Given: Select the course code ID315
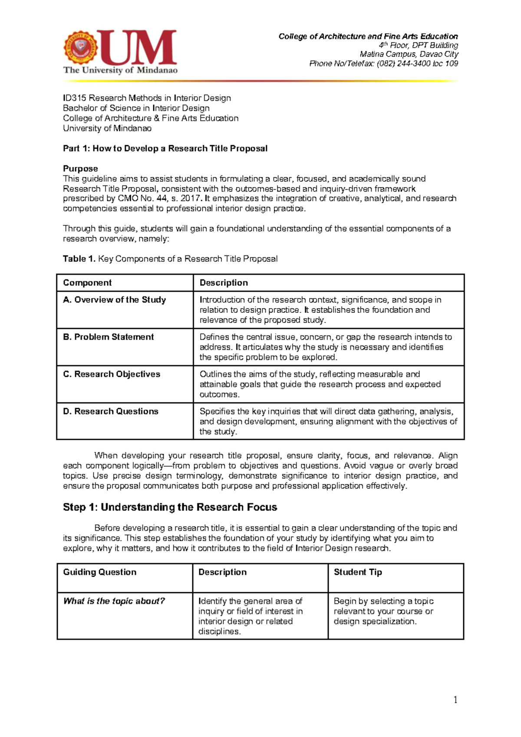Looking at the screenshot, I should coord(75,98).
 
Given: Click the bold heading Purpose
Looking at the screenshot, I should coord(80,169).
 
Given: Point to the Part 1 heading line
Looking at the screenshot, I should coord(165,149).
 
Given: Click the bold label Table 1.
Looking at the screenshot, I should coord(79,259).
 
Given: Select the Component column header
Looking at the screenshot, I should coord(87,283).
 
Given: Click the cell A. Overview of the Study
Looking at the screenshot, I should coord(115,300).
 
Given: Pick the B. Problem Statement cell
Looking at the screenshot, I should coord(109,337).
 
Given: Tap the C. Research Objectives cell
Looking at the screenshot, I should coord(112,374).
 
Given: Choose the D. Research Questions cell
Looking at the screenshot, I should coord(111,412).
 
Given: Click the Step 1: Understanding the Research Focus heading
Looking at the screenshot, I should coord(170,507).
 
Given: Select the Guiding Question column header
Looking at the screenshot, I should coord(100,572).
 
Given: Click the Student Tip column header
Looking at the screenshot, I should coord(358,572).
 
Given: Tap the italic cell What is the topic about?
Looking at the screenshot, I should coord(114,601).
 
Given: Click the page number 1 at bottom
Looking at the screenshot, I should coord(455,700).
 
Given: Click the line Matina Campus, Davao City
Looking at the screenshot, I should coord(409,54).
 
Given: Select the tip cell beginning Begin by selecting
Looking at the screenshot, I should coord(383,611).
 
